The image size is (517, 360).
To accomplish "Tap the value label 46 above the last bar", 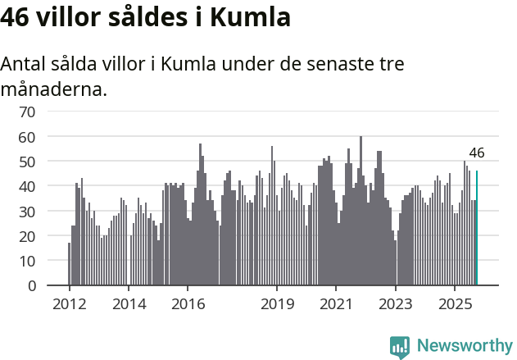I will pos(477,153).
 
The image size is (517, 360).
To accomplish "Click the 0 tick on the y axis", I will pos(31,286).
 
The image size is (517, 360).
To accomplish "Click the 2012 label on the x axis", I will pos(69,303).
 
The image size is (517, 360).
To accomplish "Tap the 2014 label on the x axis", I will pos(128,303).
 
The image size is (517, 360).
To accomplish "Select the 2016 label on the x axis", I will pos(188,303).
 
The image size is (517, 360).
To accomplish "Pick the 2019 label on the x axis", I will pos(277,303).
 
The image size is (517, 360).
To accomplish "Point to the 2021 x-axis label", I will pos(336,303).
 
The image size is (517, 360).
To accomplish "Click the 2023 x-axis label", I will pos(396,303).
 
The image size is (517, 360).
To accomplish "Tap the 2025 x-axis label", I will pos(455,303).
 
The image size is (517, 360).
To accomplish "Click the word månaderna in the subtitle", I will pos(54,89).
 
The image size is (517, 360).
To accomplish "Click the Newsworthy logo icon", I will pos(400,347).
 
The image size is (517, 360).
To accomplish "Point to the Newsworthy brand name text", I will pos(464,346).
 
